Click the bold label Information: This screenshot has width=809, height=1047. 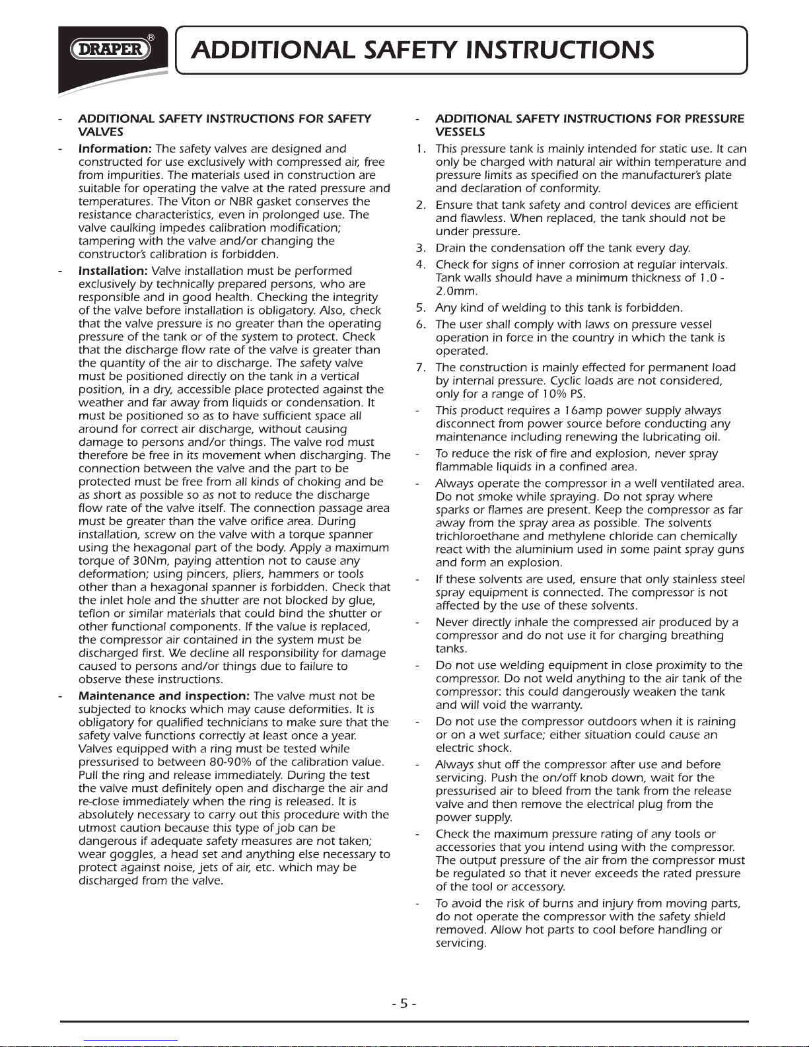click(x=116, y=149)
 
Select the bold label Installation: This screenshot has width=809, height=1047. click(x=113, y=271)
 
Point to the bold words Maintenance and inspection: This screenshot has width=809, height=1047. click(x=164, y=696)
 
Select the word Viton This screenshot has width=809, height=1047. click(x=195, y=201)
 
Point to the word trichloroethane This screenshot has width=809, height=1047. click(x=477, y=536)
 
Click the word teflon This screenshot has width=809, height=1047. click(x=94, y=614)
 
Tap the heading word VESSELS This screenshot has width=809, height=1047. click(x=460, y=132)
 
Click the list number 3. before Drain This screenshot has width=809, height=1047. click(x=421, y=248)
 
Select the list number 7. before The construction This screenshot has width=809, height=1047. click(x=421, y=367)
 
